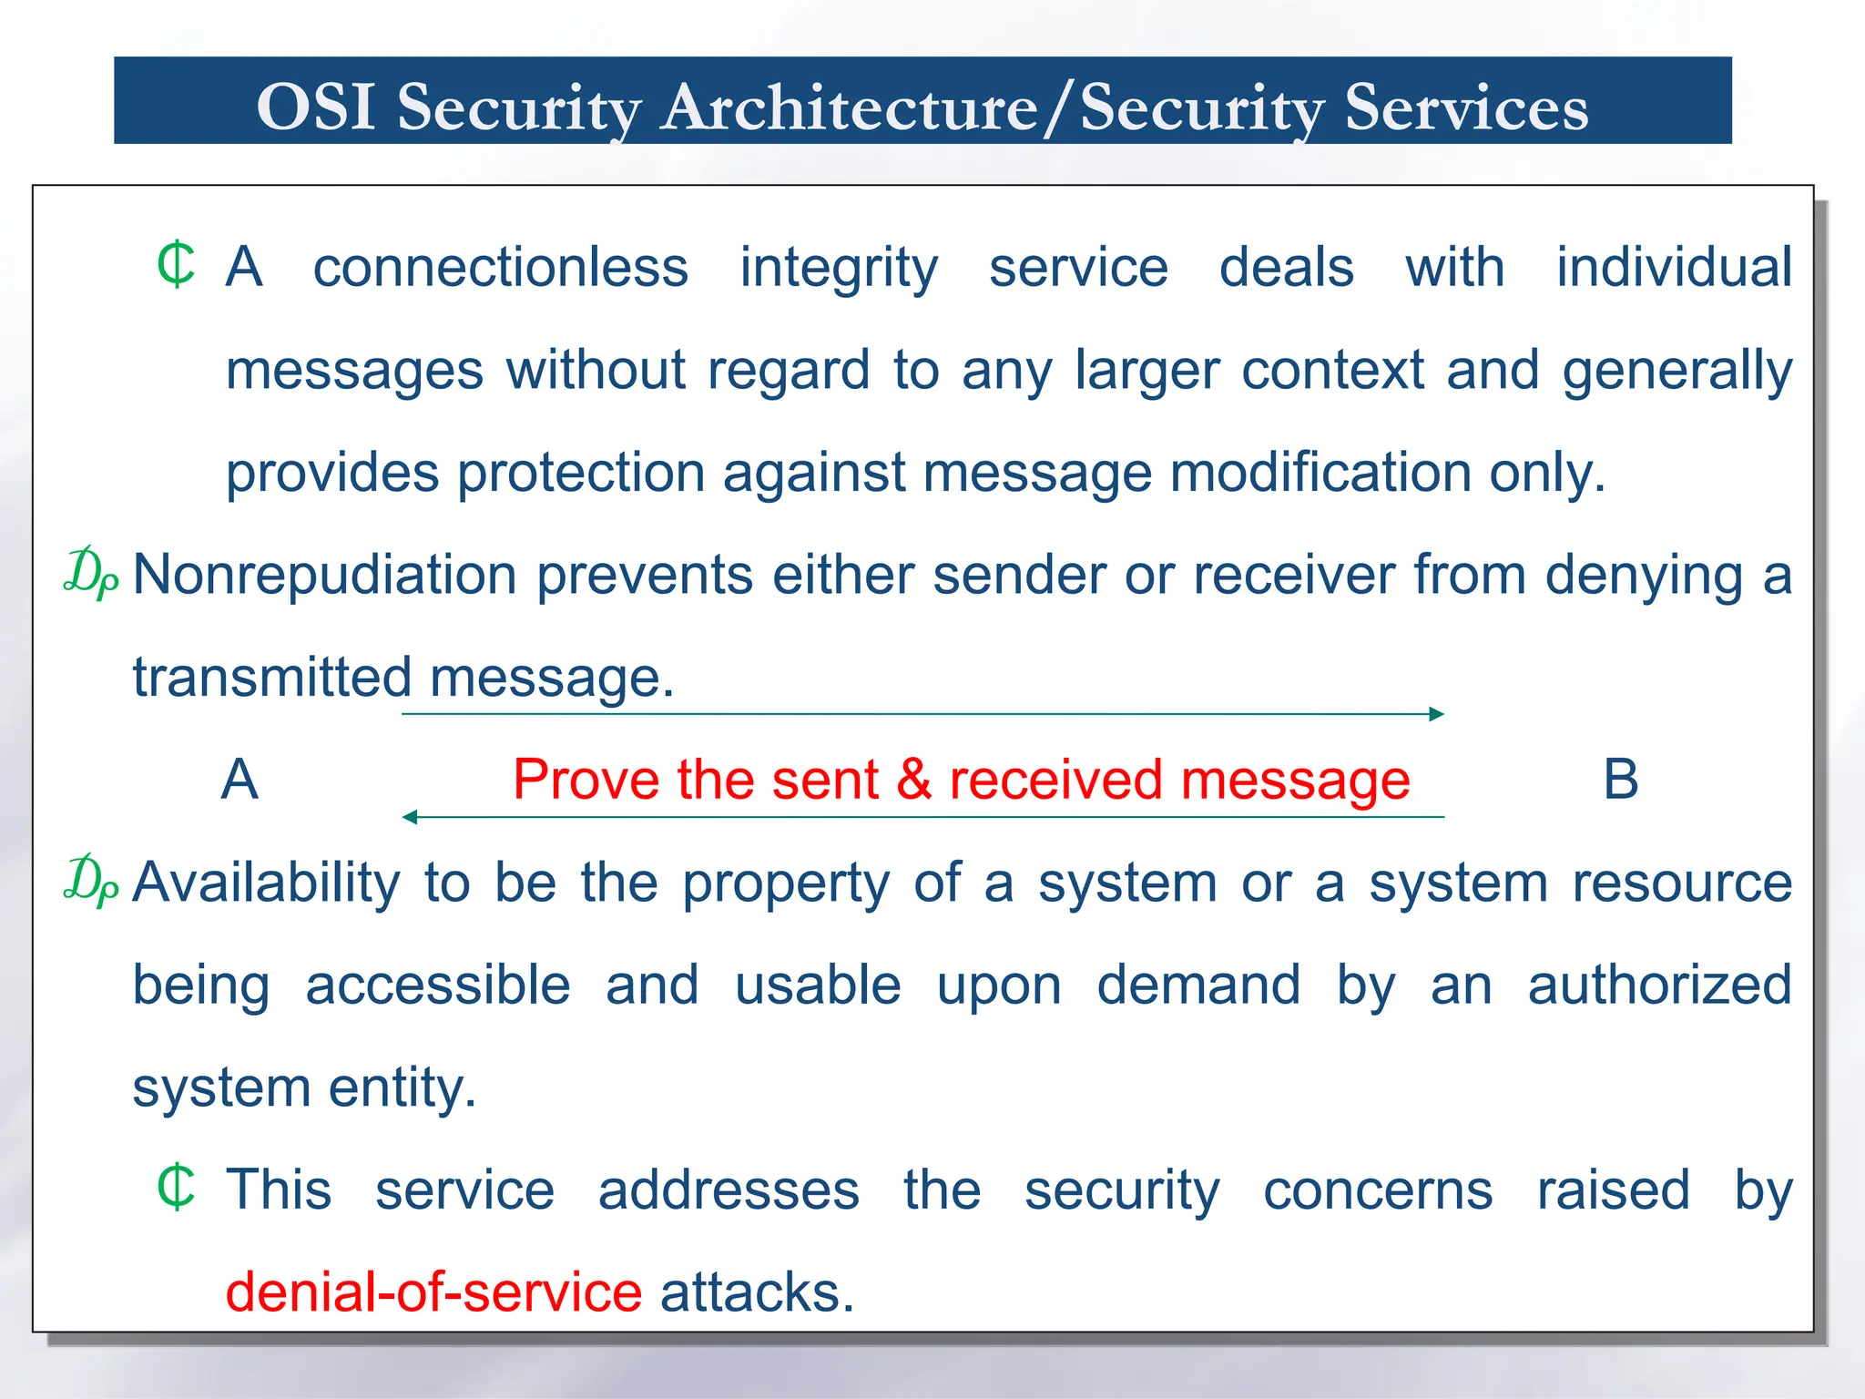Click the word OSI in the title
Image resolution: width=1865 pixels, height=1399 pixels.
316,107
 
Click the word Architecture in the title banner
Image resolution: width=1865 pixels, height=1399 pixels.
849,107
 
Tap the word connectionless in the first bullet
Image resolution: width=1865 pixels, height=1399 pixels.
501,268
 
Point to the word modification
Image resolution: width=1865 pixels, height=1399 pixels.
1320,473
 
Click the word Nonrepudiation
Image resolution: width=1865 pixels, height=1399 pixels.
325,576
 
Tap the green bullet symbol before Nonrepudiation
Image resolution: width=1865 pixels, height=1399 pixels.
90,573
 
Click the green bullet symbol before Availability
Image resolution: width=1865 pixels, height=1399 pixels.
90,881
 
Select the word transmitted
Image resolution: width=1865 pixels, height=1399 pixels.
272,678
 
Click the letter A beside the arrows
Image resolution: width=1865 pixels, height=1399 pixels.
239,780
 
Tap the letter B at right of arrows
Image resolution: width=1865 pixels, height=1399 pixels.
1620,780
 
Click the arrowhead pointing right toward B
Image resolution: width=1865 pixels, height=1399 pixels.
1437,714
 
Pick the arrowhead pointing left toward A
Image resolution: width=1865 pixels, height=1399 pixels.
410,817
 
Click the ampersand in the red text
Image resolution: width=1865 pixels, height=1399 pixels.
913,780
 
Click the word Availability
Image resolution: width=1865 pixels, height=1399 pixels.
266,883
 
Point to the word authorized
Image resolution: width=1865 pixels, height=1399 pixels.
1659,985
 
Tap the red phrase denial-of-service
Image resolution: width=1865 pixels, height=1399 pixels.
433,1292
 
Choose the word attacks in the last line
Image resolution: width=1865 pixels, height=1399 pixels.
756,1292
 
